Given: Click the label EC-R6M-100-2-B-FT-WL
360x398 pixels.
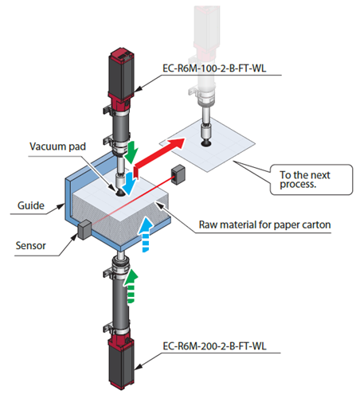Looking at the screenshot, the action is pos(214,68).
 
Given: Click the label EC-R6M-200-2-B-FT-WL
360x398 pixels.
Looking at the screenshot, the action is pos(214,346).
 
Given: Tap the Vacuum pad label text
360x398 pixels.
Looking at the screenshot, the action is pos(57,146).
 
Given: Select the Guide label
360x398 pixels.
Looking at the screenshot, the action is pos(31,205).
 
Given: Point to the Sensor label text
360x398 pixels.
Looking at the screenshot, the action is pos(30,246).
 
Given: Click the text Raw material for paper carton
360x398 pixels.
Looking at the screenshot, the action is pos(264,224).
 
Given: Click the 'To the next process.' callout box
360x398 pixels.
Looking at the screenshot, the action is pos(311,180).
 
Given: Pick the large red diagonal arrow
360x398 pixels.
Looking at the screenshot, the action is pos(158,158).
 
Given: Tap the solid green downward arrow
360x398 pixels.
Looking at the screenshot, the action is pos(131,153).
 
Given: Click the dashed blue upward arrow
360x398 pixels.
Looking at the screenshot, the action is pos(145,234).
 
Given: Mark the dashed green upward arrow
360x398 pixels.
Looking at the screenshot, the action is pos(131,287).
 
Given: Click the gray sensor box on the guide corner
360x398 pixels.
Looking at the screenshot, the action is pos(84,230).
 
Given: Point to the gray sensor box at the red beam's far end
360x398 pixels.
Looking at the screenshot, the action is pos(178,174).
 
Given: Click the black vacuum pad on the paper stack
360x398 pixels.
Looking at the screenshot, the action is pos(119,193).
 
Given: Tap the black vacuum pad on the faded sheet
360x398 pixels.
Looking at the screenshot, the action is pos(205,143).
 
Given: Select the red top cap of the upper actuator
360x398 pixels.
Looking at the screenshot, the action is pos(121,56).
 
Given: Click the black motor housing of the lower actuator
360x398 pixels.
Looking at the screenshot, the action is pos(121,364).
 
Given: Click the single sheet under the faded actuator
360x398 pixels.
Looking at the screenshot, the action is pos(208,145).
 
